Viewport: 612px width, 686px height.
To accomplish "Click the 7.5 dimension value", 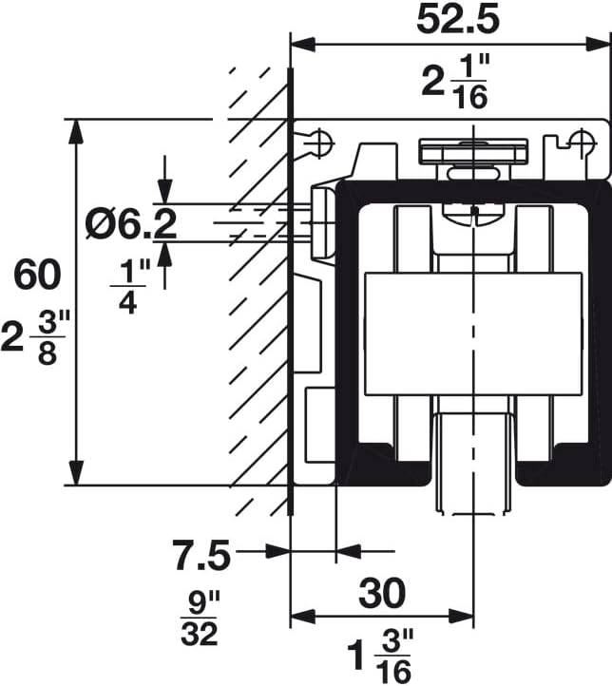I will (201, 555).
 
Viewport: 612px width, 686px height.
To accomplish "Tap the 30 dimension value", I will (381, 593).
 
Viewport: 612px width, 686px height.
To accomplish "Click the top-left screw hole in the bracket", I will (321, 143).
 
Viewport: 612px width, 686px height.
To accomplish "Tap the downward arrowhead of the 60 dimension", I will (75, 474).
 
